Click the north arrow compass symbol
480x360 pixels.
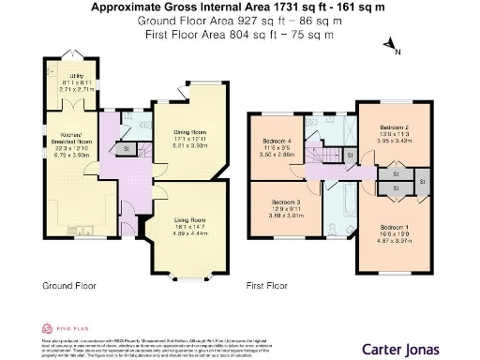pos(396,52)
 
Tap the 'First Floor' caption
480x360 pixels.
pos(268,284)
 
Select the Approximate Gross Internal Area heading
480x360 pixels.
pos(239,7)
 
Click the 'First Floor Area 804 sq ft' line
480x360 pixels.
pos(239,34)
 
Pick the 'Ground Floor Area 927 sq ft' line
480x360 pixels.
pos(239,21)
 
